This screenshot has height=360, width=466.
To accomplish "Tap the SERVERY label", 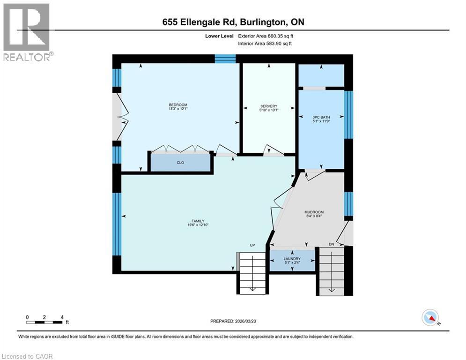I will point(269,106).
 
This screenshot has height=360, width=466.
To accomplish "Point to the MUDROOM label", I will point(313,212).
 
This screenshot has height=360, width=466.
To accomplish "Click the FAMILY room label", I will point(197,221).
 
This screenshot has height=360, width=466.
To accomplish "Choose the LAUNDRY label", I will point(292,259).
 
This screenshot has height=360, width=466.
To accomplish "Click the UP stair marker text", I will point(251,245).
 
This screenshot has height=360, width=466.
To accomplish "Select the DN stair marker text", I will point(331,245).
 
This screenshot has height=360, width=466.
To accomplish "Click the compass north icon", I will point(429,317).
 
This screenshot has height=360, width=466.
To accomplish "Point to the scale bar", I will point(44,322).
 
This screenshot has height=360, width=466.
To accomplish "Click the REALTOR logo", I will point(27,31).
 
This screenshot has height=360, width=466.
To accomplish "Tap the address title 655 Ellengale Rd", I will point(233,22).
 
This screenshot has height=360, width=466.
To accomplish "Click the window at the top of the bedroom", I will point(225,58).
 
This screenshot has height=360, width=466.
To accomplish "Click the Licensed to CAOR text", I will point(27,356).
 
